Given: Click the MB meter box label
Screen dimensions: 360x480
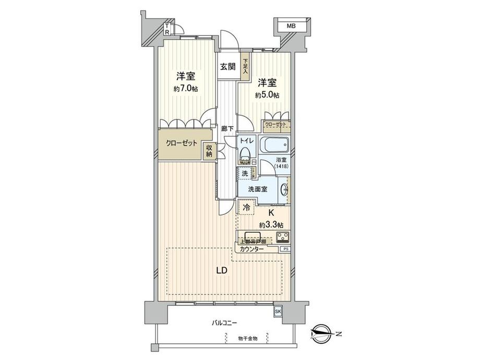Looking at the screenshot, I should [x=290, y=25].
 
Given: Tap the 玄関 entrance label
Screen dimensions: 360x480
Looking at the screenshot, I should [x=227, y=66].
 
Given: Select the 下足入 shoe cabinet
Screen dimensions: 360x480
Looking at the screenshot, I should [x=245, y=66].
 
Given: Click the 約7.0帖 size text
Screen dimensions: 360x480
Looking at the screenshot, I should [x=185, y=88].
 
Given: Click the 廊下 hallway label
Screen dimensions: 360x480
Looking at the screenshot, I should [x=227, y=128].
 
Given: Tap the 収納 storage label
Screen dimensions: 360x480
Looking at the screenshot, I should [x=209, y=150].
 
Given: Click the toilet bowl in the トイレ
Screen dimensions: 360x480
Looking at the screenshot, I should [x=245, y=155].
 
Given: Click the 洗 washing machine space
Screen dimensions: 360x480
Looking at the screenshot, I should [x=245, y=173].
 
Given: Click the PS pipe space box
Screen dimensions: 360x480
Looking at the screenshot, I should [x=285, y=249].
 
